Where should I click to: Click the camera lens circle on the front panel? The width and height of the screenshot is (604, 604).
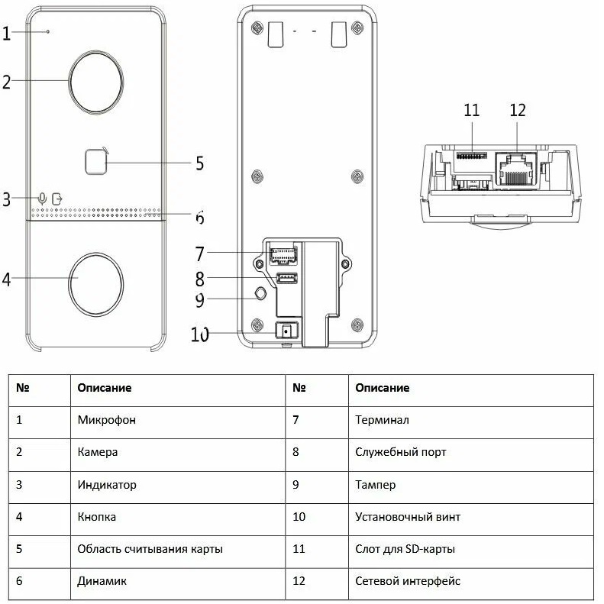click(97, 80)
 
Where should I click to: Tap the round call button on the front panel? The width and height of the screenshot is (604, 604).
click(97, 279)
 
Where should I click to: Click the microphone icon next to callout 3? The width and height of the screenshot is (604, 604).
click(42, 198)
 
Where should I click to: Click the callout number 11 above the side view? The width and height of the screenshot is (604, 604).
click(471, 111)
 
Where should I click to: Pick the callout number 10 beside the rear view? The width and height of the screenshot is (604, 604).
click(200, 334)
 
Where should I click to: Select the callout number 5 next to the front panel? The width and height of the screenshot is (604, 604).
click(199, 163)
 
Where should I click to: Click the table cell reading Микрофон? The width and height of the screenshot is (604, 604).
click(107, 419)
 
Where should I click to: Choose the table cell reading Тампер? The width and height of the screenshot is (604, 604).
click(375, 484)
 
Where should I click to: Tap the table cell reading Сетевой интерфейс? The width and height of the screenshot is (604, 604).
click(408, 581)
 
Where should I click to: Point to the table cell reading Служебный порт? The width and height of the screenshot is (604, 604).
click(400, 452)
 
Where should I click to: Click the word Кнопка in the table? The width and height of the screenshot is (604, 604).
click(97, 517)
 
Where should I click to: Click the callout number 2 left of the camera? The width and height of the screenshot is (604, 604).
click(6, 81)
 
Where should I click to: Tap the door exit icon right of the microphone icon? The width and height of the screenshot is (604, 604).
click(57, 198)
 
